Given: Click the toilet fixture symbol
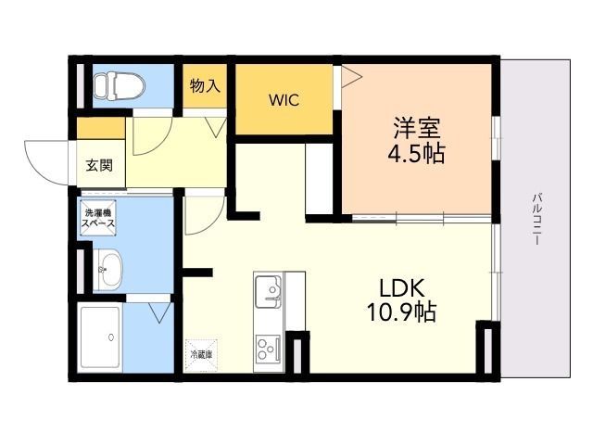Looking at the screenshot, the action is point(120,86).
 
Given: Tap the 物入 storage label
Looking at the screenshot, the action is point(205,85).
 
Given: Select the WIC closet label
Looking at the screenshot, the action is point(284,100).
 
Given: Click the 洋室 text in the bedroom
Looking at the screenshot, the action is point(417,128).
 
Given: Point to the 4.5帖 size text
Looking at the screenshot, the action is point(416,153).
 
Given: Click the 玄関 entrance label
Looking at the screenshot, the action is point(99,165).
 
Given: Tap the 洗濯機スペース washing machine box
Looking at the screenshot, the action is point(98,218).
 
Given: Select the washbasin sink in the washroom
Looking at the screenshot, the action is point(107,270).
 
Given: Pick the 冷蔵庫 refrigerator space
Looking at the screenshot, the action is point(201,355).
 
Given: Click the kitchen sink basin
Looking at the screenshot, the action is point(269,291).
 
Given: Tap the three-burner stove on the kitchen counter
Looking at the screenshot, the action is point(268,350).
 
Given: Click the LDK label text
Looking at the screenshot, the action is point(402,288).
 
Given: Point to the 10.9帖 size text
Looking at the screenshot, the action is point(401,312).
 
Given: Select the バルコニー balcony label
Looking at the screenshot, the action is point(537,219).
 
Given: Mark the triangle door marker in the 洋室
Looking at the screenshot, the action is point(351,77).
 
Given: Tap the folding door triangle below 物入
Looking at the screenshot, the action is point(217,127).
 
